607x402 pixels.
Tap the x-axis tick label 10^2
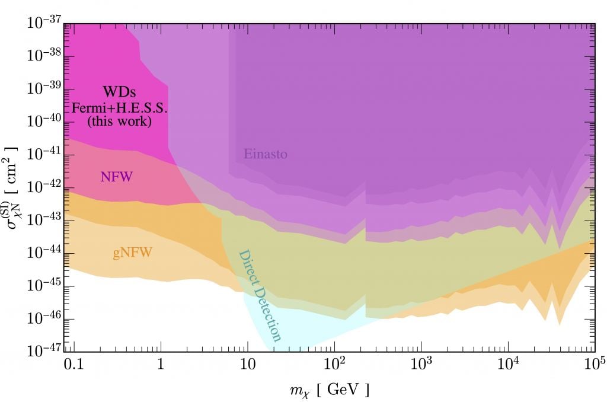point(334,363)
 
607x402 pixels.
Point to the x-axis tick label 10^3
point(421,363)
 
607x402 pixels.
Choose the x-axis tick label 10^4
point(508,363)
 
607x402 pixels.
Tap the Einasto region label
point(266,155)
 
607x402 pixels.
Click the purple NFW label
point(116,176)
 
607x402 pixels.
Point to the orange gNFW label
point(133,253)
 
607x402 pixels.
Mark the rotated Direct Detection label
point(260,295)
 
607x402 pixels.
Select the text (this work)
point(119,122)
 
